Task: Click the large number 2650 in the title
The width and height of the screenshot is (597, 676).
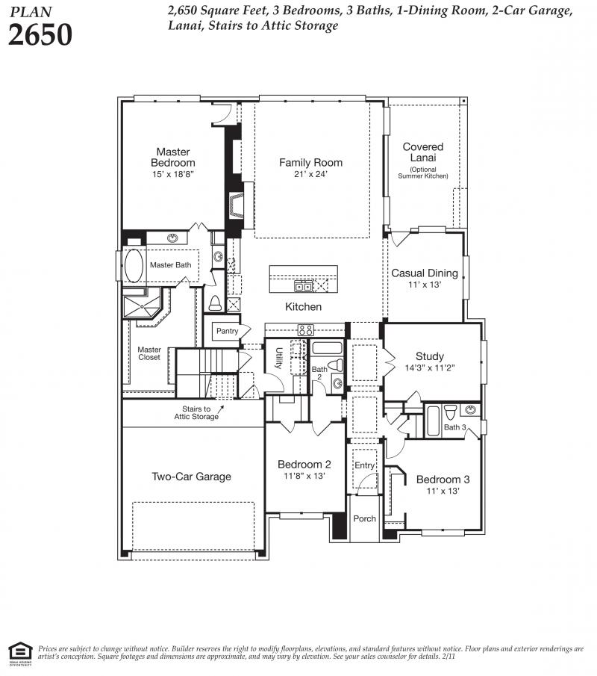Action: point(40,34)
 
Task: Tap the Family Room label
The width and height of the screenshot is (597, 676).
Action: point(310,163)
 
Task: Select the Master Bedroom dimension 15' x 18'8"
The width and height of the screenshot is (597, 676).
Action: point(172,174)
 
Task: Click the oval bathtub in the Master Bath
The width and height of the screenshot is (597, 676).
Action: point(134,266)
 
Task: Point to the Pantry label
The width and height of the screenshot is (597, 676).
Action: point(227,331)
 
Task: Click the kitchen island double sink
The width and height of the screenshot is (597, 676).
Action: point(303,286)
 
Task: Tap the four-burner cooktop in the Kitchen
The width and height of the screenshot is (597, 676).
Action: point(306,330)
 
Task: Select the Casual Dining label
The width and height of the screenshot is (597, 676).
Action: point(425,273)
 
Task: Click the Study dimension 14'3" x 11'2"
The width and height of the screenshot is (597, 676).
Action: point(430,368)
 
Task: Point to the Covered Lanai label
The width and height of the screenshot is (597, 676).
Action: point(422,152)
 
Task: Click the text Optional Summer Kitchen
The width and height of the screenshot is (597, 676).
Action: point(423,173)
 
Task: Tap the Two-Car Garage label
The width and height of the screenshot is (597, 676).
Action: point(191,477)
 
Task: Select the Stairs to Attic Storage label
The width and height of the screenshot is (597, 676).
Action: point(196,412)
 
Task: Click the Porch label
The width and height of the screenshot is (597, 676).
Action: point(364,518)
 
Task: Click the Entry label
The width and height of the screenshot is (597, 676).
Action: point(364,465)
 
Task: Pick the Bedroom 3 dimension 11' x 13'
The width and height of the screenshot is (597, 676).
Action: point(443,491)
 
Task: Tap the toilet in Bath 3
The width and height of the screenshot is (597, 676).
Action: point(450,412)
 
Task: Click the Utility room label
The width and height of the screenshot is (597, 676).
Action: point(278,359)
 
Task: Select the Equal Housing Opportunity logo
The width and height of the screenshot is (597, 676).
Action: point(20,654)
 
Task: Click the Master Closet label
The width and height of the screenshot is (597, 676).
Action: point(149,353)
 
